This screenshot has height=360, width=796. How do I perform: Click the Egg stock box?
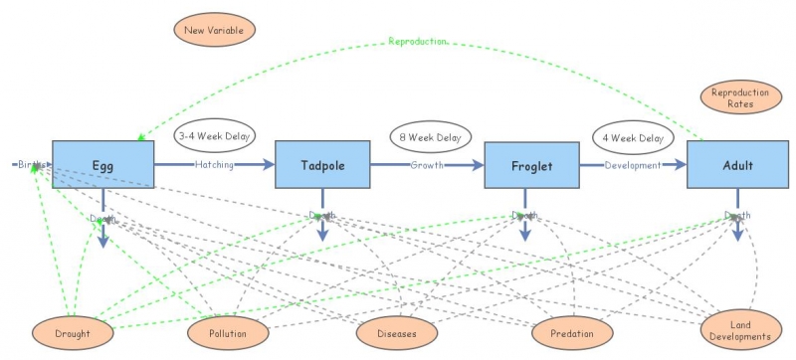pos(102,164)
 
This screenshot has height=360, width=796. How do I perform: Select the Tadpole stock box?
pos(322,164)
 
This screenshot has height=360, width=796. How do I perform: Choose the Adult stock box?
pos(737,164)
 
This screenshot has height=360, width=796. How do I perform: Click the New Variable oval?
pos(214,30)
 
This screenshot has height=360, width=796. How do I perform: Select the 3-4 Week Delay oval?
pos(215,136)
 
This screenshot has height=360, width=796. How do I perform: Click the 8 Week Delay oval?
pos(429,137)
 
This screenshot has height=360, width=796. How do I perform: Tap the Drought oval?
pos(73,333)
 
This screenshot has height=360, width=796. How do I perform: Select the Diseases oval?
pos(396,333)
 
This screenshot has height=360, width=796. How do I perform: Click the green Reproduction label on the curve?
pos(417,42)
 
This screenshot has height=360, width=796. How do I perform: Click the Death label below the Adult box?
pos(737,216)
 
